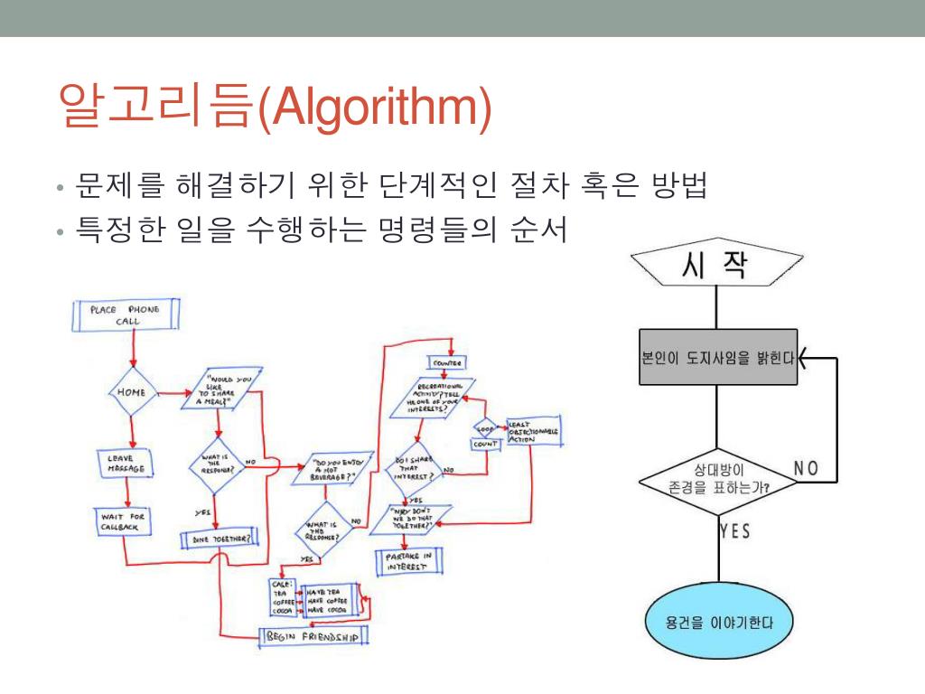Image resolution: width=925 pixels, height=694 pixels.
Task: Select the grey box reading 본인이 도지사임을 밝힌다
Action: (x=718, y=357)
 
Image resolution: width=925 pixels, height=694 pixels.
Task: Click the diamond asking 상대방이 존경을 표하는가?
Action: (x=717, y=479)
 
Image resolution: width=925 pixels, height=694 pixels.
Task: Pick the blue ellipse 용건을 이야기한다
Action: (x=718, y=624)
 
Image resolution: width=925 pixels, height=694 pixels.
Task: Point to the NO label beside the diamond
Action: (x=806, y=467)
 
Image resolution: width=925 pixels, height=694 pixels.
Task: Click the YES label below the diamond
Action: (x=734, y=530)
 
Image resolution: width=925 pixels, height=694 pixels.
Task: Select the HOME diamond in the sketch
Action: (x=132, y=392)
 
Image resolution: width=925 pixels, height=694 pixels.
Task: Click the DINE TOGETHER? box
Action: (x=218, y=538)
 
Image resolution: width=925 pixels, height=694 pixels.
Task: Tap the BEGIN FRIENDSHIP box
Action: (x=313, y=637)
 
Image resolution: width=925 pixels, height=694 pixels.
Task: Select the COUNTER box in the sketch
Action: (x=447, y=362)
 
